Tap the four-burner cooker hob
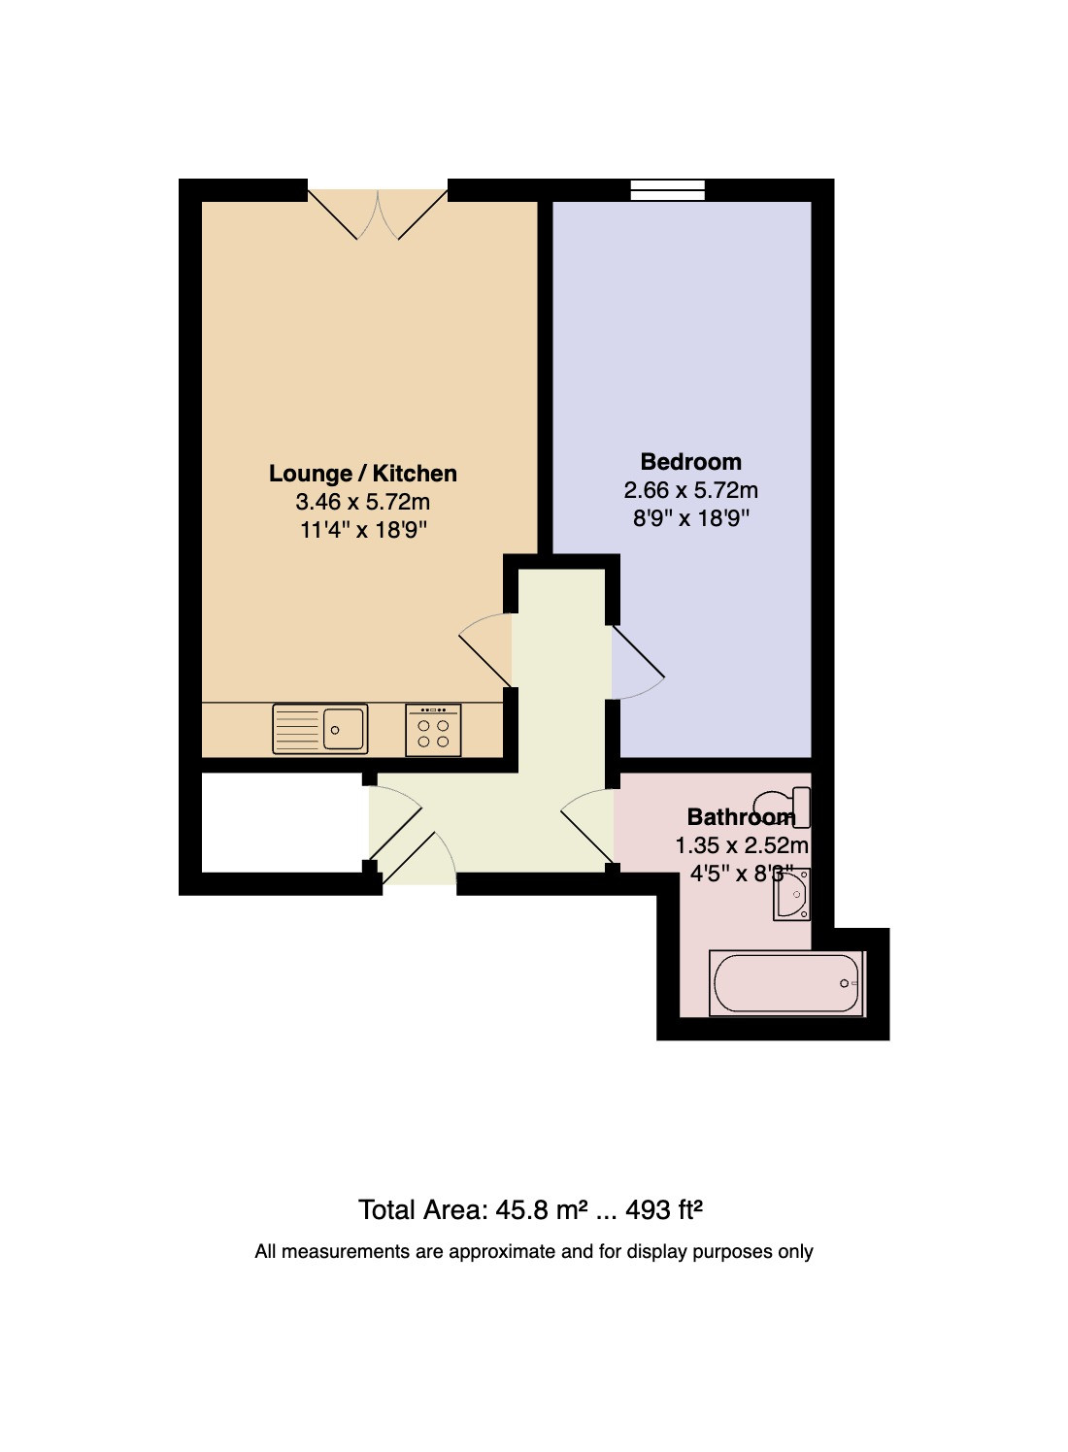point(433,730)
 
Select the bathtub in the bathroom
point(786,983)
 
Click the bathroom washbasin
point(791,895)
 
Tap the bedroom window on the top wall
point(667,190)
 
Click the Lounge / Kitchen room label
point(363,474)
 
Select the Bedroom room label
point(690,462)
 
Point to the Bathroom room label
point(741,817)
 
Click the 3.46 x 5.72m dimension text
point(363,502)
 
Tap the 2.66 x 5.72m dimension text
point(690,490)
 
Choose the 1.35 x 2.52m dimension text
point(742,845)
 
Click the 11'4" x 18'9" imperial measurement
point(363,530)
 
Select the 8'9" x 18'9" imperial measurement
point(690,518)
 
